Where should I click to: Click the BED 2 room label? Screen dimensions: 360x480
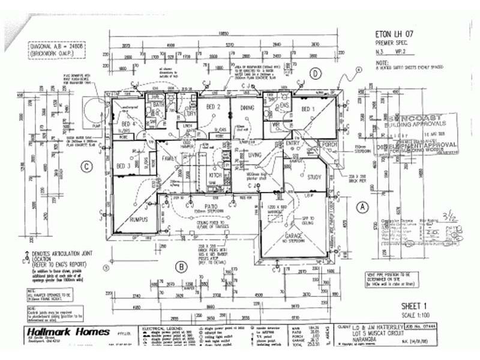tap(214, 107)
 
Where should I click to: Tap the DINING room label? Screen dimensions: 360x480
tap(247, 107)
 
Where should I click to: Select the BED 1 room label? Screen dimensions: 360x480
tap(308, 109)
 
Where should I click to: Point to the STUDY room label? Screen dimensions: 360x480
tap(314, 177)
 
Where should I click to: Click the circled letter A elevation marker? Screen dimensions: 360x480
tap(362, 206)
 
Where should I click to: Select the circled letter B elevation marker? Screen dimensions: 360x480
tap(179, 265)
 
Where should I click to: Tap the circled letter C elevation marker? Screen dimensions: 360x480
tap(88, 167)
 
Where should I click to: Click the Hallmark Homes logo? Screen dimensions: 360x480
tap(67, 332)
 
